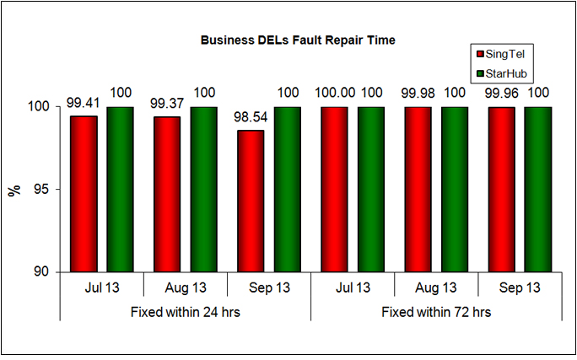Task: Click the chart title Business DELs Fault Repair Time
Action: tap(297, 40)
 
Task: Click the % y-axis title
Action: tap(14, 190)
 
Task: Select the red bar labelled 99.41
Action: tap(84, 194)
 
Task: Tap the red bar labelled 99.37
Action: tap(167, 194)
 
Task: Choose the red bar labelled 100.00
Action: tap(334, 190)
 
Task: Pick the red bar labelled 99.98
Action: tap(418, 190)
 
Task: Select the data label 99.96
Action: tap(499, 92)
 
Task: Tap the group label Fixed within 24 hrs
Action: tap(186, 311)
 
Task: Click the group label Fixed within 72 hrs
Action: tap(436, 311)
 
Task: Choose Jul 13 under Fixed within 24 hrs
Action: tap(102, 287)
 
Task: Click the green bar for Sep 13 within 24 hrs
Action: tap(287, 190)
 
